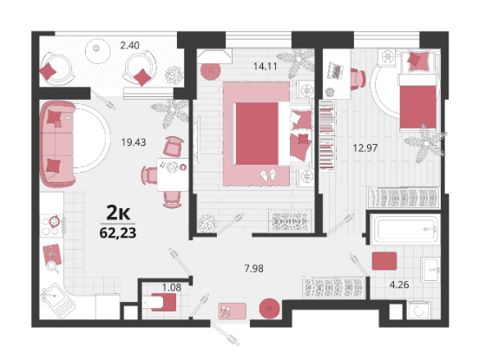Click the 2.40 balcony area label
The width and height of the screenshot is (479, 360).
click(x=130, y=45)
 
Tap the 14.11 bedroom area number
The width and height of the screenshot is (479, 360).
click(x=266, y=66)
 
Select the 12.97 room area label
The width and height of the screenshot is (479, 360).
click(x=365, y=148)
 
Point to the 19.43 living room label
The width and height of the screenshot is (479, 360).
click(x=134, y=142)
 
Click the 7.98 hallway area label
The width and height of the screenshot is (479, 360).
click(x=254, y=269)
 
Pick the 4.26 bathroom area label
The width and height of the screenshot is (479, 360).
click(x=399, y=285)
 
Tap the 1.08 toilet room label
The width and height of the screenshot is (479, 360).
click(x=172, y=287)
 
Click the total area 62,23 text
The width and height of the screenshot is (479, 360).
click(x=118, y=233)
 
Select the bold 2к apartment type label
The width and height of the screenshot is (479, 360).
click(x=118, y=213)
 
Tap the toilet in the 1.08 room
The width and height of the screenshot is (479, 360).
click(x=160, y=302)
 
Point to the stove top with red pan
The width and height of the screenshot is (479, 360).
click(x=51, y=225)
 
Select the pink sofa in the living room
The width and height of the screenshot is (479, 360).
click(x=57, y=144)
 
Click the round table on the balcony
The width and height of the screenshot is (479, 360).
click(x=97, y=51)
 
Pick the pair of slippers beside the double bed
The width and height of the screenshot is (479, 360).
click(x=268, y=175)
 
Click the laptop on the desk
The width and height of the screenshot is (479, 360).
click(x=334, y=71)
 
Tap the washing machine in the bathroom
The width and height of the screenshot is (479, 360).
click(x=418, y=311)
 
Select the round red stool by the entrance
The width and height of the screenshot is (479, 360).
click(x=269, y=309)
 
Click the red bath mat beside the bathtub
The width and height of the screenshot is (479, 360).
click(x=384, y=261)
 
